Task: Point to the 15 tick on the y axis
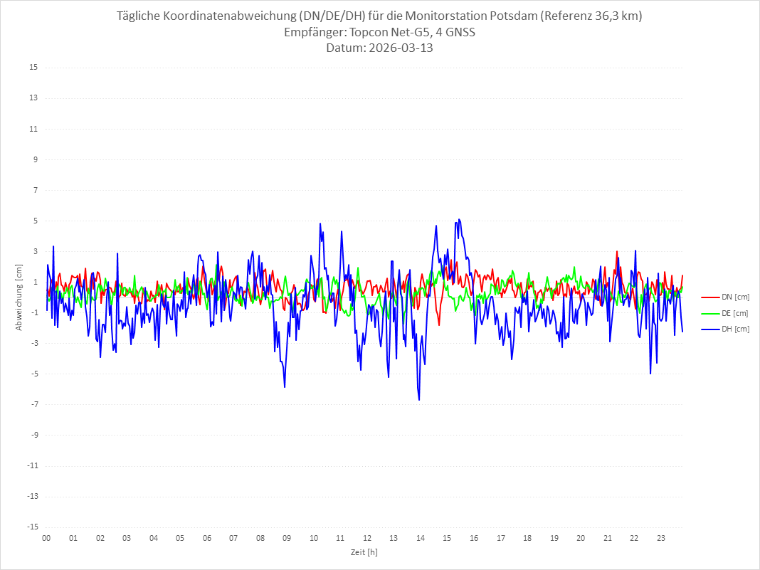33,68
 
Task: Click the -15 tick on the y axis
32,527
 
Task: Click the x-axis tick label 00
46,538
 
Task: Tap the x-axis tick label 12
367,538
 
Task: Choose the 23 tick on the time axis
661,538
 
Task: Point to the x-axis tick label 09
287,538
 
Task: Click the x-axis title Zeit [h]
364,551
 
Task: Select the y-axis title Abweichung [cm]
19,297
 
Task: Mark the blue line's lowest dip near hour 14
419,399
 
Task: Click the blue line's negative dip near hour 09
285,386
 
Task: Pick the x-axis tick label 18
527,538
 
